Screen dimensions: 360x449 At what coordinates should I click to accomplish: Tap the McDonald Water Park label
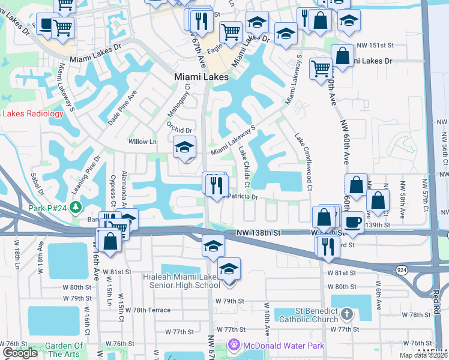pos(283,345)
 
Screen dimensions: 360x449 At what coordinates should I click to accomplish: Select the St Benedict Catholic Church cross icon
pos(346,314)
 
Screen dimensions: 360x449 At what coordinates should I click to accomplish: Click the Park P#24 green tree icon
pos(75,208)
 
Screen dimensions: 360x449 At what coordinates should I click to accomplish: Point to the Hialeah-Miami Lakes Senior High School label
pos(182,281)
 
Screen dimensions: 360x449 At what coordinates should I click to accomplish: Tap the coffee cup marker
pos(354,221)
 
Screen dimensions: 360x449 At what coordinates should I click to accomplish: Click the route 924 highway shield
pos(400,271)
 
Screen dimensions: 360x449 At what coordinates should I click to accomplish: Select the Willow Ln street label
pos(142,142)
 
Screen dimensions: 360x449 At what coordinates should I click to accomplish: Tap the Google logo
pos(20,353)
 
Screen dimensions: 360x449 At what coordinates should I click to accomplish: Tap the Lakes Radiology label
pos(33,113)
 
